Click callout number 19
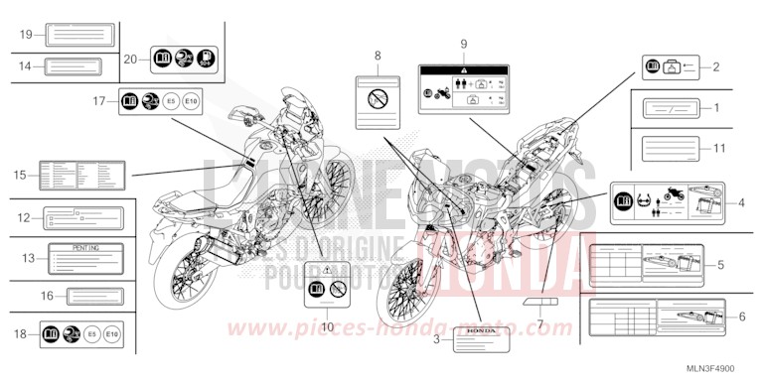(26, 35)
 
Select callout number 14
(26, 66)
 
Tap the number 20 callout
(130, 59)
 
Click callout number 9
(463, 45)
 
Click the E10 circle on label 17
(196, 100)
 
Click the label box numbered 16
(94, 295)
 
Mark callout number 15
(19, 176)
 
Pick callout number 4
(740, 203)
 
